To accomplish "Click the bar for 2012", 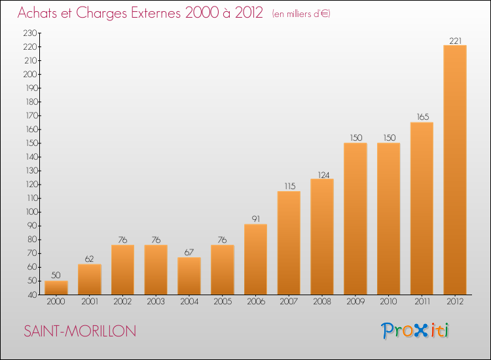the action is point(455,170).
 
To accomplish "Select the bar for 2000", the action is point(56,288).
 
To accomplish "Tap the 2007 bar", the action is point(289,243).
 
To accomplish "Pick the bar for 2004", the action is point(189,276).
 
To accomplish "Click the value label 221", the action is point(455,41).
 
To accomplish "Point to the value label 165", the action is point(422,117).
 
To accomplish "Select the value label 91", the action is point(256,219).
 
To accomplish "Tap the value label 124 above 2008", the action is point(323,175).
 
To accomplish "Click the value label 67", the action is point(189,252).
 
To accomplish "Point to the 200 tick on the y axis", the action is point(30,74).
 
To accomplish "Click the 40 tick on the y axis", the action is point(33,295).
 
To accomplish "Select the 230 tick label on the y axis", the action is point(30,33).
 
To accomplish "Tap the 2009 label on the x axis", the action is point(355,301).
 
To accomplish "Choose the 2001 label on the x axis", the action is point(90,301).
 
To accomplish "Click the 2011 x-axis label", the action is point(422,301).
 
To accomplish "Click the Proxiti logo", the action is point(415,331).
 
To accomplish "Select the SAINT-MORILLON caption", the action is point(80,331).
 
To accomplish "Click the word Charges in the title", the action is point(101,13).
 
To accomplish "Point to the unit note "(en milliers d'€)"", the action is point(301,14).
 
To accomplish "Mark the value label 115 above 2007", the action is point(289,186).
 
